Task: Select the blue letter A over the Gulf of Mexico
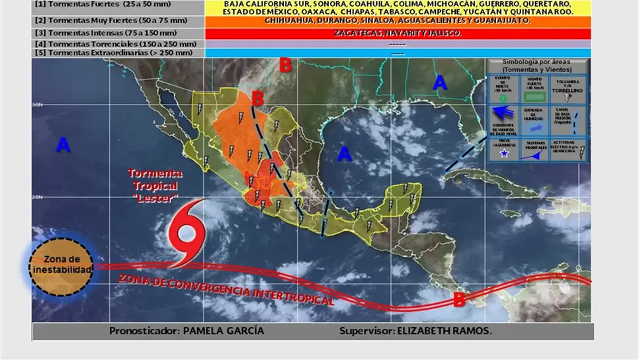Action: point(344,154)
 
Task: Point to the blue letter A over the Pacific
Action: point(63,145)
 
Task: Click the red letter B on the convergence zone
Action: point(458,299)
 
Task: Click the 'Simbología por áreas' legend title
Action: point(537,65)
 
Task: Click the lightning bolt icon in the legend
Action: point(581,153)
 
